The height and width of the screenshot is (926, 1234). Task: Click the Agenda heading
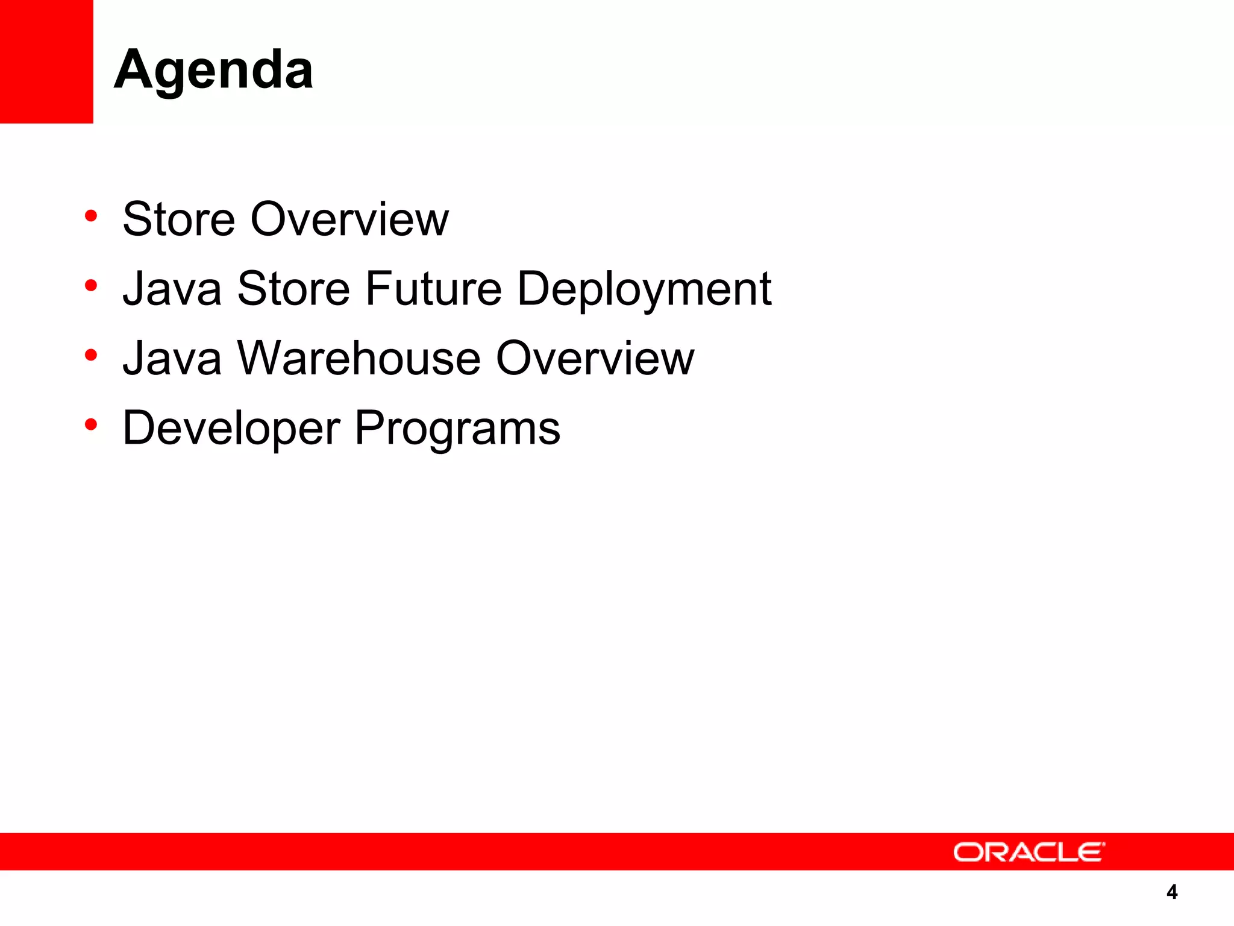213,71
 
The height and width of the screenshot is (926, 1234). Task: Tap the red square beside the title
46,61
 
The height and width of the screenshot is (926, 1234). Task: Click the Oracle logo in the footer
1029,852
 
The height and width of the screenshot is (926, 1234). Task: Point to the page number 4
1171,892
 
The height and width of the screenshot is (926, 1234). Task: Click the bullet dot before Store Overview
91,216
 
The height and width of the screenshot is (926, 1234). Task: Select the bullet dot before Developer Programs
91,425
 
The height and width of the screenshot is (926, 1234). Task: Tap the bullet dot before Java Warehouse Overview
91,355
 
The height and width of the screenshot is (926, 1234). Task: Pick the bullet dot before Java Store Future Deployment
91,286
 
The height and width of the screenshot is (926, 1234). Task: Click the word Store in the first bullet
178,219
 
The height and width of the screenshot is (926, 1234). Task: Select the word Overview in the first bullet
349,219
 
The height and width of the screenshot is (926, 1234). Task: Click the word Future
433,289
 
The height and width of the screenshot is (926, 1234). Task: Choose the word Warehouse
359,358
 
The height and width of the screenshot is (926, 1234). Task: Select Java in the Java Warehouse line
172,358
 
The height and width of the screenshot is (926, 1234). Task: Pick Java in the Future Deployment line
172,289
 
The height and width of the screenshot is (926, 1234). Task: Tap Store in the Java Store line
293,289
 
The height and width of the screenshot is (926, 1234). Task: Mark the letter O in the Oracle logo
968,852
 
